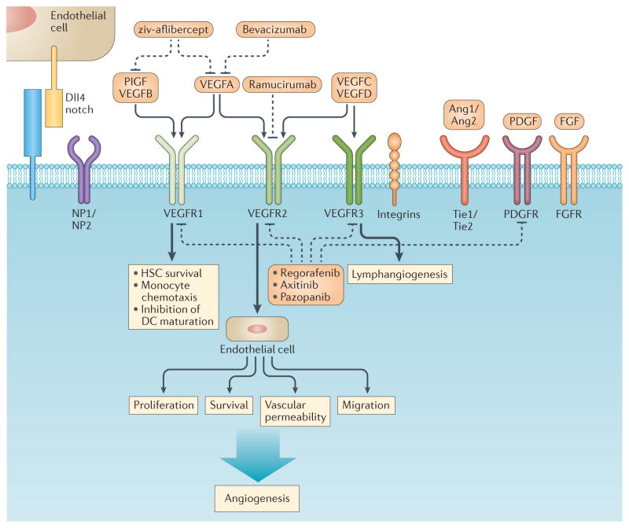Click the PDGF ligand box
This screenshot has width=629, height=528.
tap(521, 123)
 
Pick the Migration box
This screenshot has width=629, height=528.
tap(366, 405)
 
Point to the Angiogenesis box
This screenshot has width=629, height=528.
tap(260, 498)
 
